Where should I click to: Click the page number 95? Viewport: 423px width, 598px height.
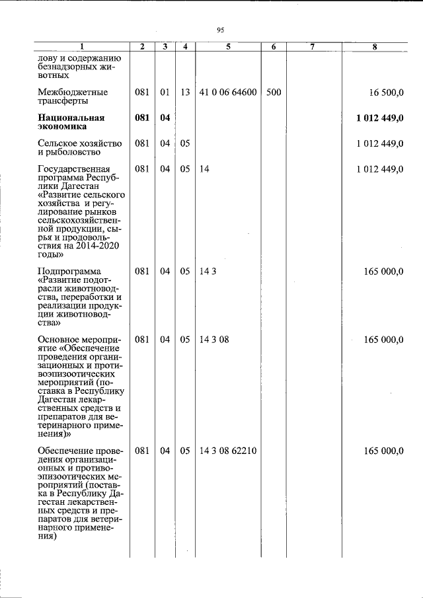pyautogui.click(x=221, y=29)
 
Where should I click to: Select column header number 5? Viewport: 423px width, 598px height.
pyautogui.click(x=228, y=47)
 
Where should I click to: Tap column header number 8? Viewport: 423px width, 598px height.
pyautogui.click(x=375, y=47)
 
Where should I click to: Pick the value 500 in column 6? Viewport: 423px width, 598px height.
pyautogui.click(x=274, y=93)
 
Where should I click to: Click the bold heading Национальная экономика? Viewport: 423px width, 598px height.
pyautogui.click(x=72, y=123)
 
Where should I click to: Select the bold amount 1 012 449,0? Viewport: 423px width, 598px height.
pyautogui.click(x=379, y=118)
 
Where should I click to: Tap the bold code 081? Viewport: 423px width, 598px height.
pyautogui.click(x=142, y=118)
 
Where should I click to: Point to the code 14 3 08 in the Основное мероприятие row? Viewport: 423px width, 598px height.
pyautogui.click(x=213, y=340)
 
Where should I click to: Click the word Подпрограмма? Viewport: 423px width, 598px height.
pyautogui.click(x=69, y=271)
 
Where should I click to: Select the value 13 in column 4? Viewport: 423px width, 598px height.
pyautogui.click(x=185, y=93)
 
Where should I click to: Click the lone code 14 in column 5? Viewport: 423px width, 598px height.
pyautogui.click(x=204, y=169)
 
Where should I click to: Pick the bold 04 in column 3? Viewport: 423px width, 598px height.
pyautogui.click(x=165, y=118)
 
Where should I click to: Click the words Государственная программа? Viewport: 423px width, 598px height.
pyautogui.click(x=74, y=174)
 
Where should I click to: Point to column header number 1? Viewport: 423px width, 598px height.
pyautogui.click(x=83, y=47)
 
